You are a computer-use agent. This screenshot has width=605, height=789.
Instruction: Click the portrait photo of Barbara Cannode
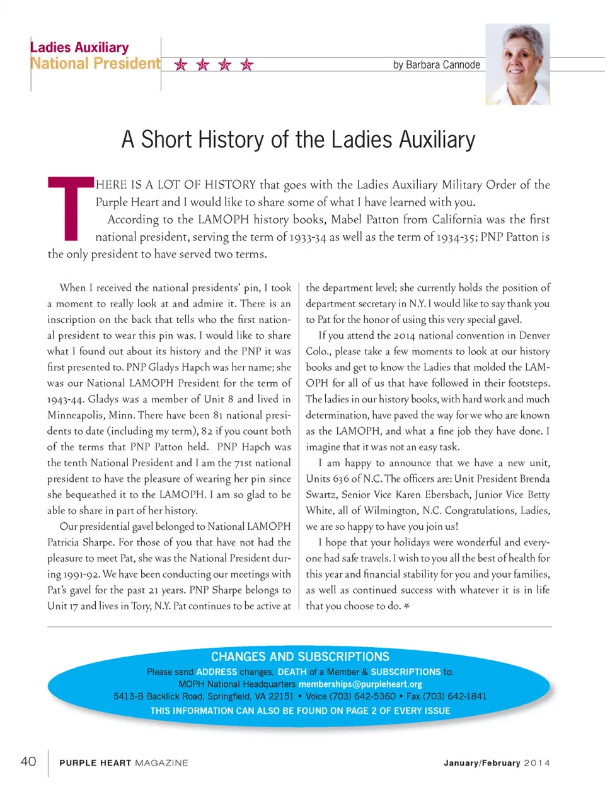517,64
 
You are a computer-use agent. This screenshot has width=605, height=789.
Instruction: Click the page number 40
28,761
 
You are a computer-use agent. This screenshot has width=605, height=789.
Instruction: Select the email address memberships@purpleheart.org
360,684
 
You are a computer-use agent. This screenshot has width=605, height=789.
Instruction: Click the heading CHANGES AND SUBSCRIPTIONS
300,657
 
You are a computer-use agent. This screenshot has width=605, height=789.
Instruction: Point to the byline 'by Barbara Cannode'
436,65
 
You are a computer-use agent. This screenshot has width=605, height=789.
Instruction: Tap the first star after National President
181,65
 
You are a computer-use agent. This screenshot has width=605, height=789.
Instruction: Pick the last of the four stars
247,65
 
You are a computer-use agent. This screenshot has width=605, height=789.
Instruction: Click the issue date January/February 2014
497,763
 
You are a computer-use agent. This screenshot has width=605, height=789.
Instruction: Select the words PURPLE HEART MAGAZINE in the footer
124,763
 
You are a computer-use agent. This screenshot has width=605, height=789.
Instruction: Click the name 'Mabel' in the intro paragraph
347,219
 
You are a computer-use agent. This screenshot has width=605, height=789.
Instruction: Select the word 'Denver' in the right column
534,336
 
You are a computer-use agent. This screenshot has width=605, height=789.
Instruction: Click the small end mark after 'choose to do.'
407,606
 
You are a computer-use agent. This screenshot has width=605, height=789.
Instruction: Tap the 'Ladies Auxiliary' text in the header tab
79,48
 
